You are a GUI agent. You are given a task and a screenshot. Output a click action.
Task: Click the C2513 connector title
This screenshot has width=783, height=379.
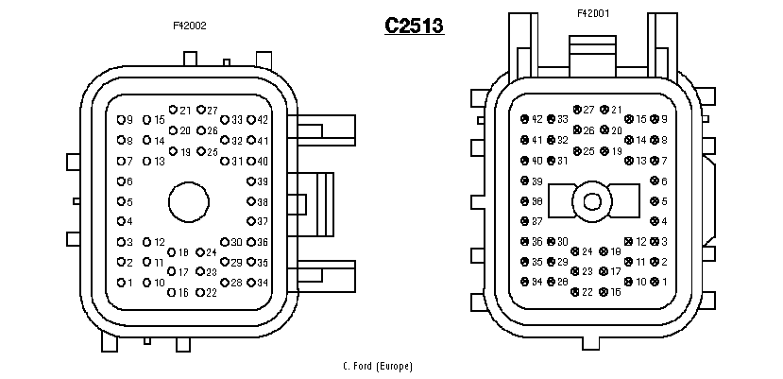coord(414,26)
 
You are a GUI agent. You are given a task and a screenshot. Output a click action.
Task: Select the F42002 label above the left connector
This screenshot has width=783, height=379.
coord(190,26)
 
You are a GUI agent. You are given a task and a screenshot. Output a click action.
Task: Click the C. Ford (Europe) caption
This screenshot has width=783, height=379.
coord(378,366)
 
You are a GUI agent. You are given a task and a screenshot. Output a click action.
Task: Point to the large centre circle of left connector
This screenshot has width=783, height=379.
coord(188,201)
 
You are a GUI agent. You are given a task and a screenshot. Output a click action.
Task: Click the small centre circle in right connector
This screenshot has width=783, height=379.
coord(592,201)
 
